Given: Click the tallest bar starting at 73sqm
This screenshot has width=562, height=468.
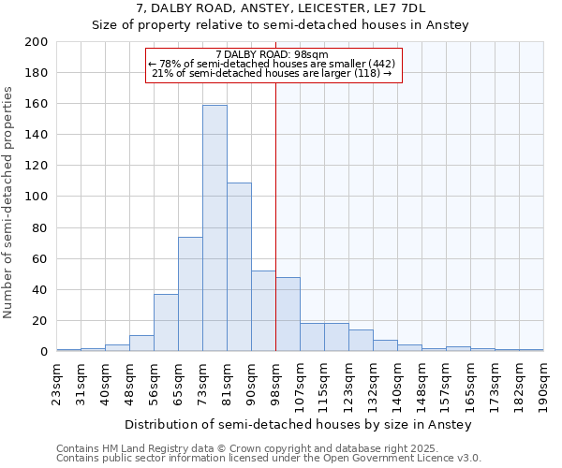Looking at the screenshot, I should point(214,228).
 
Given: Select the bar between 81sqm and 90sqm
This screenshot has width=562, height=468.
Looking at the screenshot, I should point(239,267).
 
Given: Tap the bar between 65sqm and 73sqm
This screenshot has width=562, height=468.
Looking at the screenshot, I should point(190,294).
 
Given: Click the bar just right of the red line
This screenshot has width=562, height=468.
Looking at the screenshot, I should point(288,314).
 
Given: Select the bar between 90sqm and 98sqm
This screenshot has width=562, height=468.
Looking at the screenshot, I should point(263,311).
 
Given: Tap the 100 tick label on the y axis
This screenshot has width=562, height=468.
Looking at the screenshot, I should point(37,197).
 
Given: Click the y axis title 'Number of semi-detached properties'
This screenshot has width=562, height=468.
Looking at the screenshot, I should point(9,202).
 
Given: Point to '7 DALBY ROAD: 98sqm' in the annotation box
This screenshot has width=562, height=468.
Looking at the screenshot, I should point(272,54).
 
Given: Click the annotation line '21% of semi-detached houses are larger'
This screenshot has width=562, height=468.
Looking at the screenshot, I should point(272,74).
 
